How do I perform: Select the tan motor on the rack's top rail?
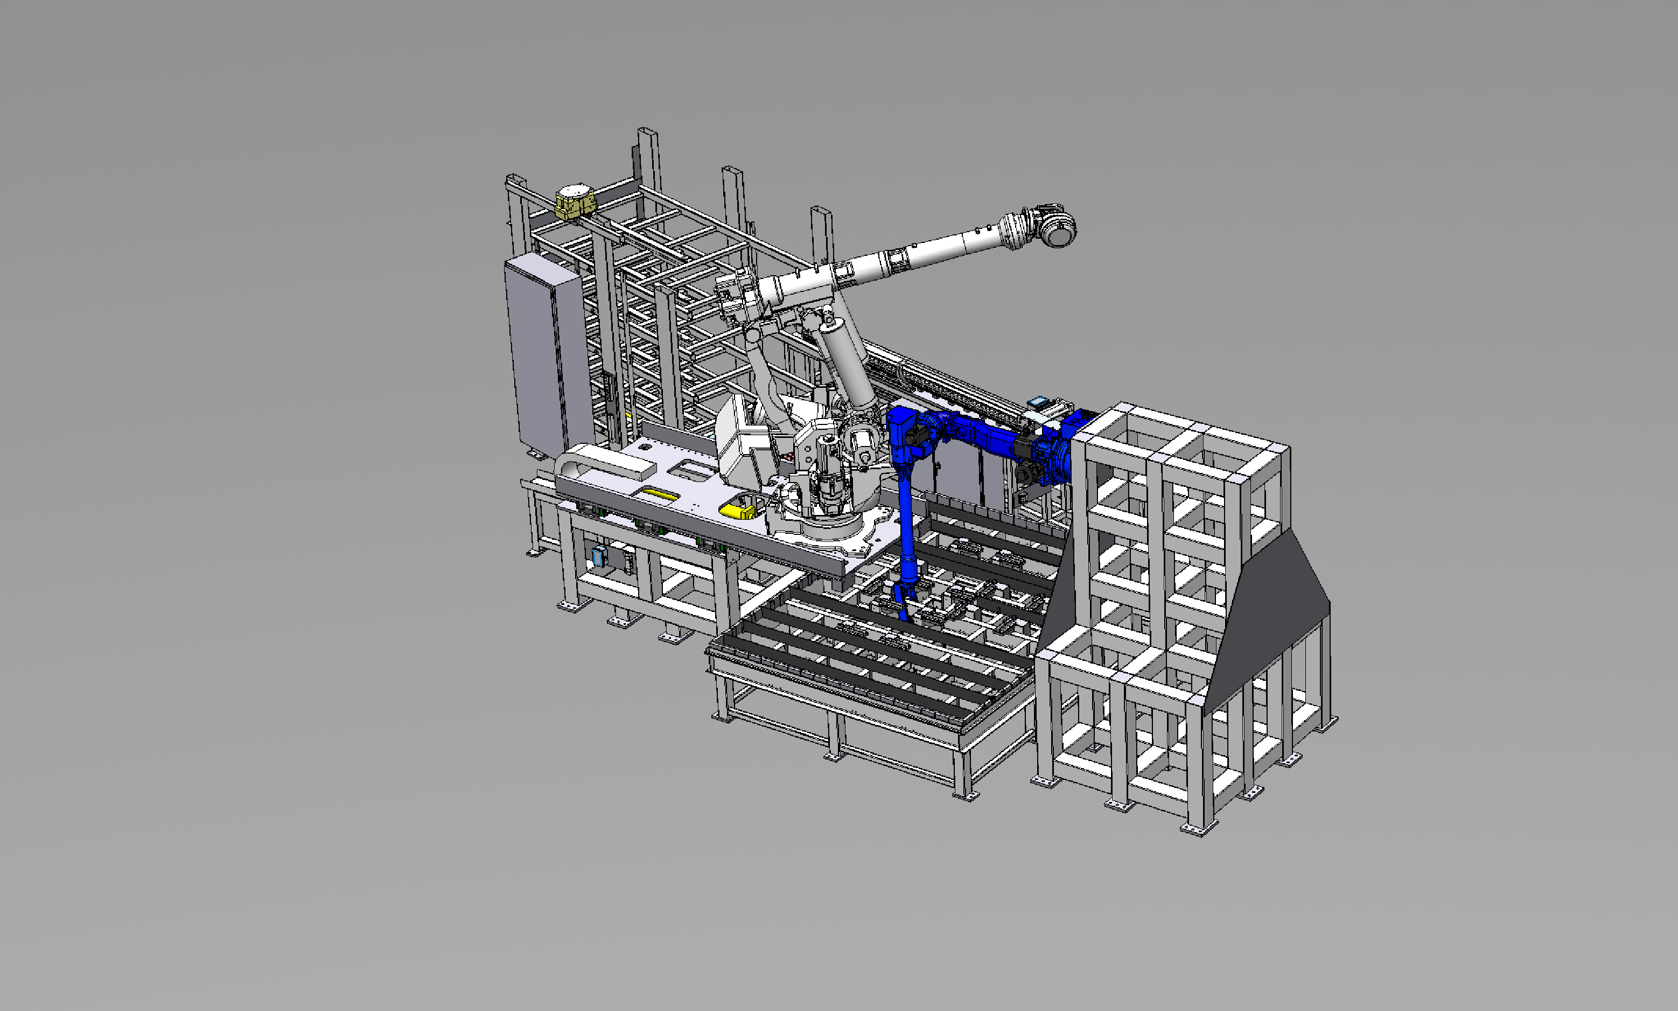click(x=574, y=201)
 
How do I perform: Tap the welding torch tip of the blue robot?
click(x=904, y=617)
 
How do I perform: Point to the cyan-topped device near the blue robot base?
click(x=1037, y=402)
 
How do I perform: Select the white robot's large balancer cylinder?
click(x=848, y=365)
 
